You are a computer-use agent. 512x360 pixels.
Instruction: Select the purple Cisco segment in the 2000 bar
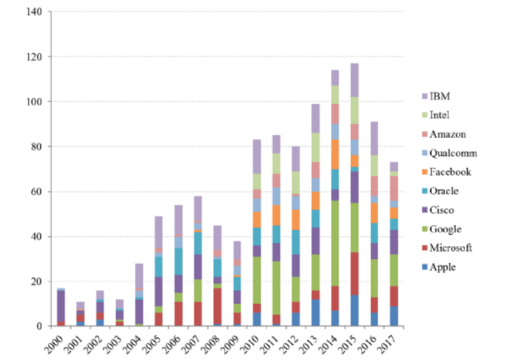[x=60, y=306]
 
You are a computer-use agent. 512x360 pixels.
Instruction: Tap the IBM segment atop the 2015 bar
[x=354, y=80]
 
